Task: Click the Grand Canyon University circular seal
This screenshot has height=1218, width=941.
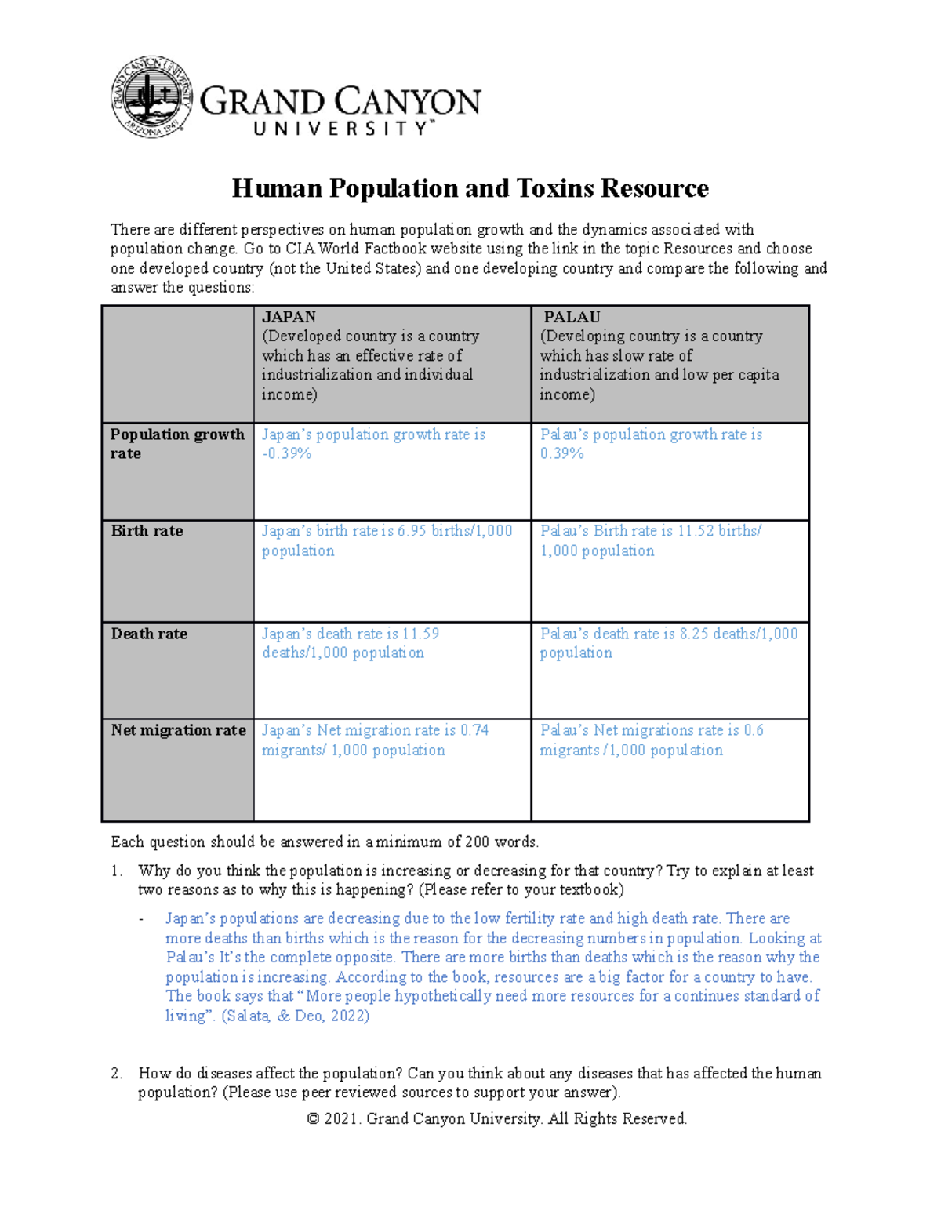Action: click(x=151, y=97)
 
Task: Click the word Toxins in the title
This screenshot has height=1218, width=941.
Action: click(x=555, y=189)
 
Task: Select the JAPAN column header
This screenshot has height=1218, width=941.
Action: click(x=289, y=317)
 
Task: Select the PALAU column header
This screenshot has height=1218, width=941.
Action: click(x=572, y=317)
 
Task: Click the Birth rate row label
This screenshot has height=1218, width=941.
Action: click(x=147, y=531)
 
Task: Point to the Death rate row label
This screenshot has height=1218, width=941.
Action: click(x=149, y=634)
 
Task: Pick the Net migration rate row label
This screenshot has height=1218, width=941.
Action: click(x=178, y=730)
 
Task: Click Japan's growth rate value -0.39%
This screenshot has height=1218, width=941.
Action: click(x=287, y=454)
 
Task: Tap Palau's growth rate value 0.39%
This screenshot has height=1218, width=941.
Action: click(x=561, y=454)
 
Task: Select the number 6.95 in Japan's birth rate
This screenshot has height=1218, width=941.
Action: click(x=412, y=531)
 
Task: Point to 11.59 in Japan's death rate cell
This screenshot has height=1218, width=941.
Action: click(x=420, y=634)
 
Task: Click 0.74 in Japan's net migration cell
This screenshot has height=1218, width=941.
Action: click(x=474, y=730)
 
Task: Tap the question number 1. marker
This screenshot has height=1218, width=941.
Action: click(x=117, y=871)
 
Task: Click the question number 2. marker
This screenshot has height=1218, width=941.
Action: click(x=117, y=1074)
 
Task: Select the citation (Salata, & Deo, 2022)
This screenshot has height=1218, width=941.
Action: click(x=296, y=1016)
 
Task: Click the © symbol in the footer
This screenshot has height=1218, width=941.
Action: click(x=313, y=1119)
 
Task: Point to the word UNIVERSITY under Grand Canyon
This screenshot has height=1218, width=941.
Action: click(x=341, y=129)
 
